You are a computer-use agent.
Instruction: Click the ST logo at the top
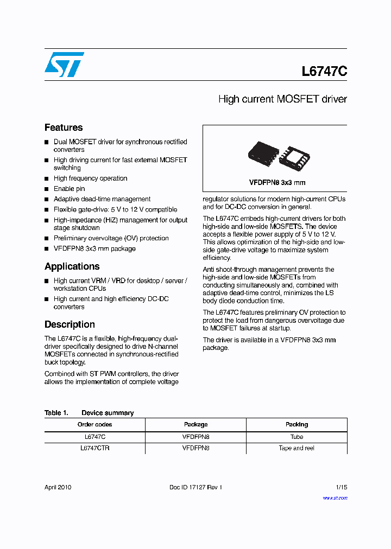64,65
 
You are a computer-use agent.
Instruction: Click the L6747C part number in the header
324,72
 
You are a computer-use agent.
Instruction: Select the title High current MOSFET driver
282,99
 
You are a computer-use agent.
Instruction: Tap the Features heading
64,127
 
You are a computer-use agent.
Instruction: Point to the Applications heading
72,266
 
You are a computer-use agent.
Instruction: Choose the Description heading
70,324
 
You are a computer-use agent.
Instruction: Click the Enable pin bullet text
69,189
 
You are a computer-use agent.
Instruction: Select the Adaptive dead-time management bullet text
102,199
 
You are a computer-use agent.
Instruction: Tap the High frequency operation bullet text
90,178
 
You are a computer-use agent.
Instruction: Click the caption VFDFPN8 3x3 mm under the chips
277,183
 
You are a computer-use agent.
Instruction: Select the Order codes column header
94,424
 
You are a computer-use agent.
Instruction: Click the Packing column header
297,424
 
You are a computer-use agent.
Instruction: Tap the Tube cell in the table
297,437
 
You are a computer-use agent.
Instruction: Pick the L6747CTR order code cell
94,448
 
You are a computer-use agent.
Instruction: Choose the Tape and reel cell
297,448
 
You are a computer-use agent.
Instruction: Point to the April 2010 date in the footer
58,487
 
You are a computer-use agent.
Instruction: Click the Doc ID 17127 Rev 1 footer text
195,487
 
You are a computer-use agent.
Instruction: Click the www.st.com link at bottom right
335,497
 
